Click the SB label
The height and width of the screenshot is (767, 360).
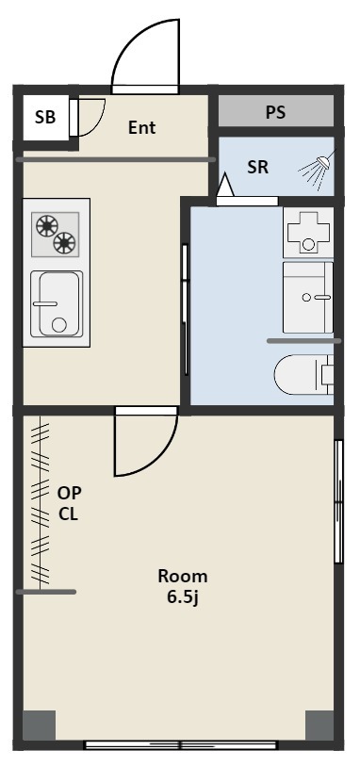(x=45, y=118)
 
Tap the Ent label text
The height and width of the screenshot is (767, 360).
(x=142, y=127)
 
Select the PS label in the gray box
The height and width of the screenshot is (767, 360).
(x=275, y=112)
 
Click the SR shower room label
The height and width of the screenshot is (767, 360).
(x=258, y=168)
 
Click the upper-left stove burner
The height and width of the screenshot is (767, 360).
(x=47, y=226)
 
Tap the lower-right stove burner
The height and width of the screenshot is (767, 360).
(x=65, y=242)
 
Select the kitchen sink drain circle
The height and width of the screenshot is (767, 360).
(x=59, y=325)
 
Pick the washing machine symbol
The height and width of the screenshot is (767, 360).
(x=308, y=233)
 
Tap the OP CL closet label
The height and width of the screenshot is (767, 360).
(x=69, y=503)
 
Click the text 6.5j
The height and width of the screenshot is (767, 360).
(x=183, y=598)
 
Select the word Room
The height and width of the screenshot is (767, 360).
(x=183, y=577)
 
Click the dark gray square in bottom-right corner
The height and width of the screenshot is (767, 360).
(x=319, y=725)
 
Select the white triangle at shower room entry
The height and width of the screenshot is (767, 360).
(x=225, y=185)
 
